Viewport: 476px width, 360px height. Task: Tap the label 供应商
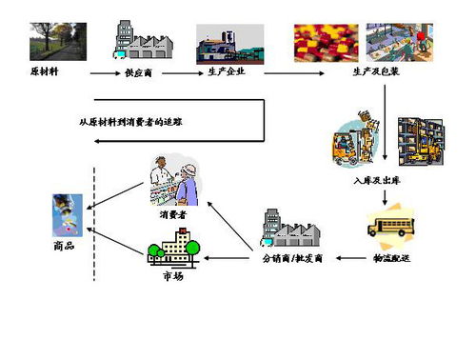pyautogui.click(x=140, y=72)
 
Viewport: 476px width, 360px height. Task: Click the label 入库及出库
pyautogui.click(x=374, y=178)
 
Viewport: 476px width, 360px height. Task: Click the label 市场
pyautogui.click(x=172, y=275)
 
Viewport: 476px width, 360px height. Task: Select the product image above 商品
pyautogui.click(x=68, y=214)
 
